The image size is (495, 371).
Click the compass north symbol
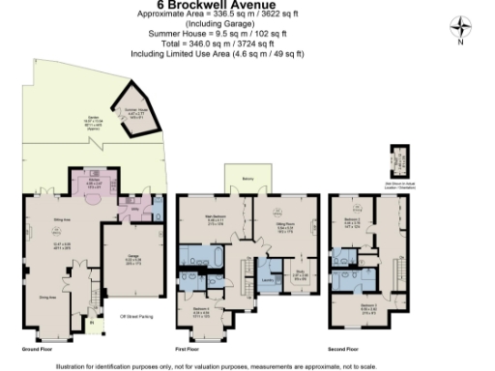[x=461, y=29]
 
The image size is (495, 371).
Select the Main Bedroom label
[x=214, y=216]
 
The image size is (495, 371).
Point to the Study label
[x=301, y=271]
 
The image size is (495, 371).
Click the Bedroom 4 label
[x=200, y=311]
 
